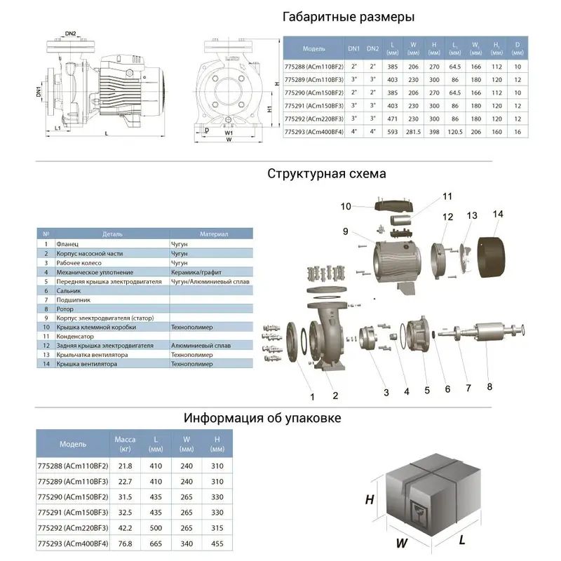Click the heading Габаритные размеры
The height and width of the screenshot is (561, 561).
(348, 17)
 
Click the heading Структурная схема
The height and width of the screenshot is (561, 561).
(326, 174)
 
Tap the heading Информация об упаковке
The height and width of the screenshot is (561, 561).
(262, 419)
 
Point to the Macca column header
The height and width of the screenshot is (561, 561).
(124, 439)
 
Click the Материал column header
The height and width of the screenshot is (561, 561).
(214, 234)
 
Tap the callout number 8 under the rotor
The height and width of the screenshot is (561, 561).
(489, 385)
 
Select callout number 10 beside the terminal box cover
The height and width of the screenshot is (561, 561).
(346, 206)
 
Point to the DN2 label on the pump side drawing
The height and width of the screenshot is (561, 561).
(70, 33)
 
